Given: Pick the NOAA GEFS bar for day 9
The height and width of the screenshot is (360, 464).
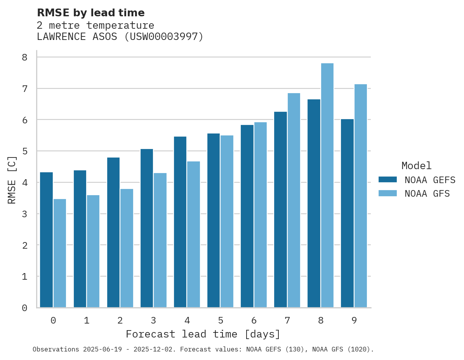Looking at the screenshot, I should [347, 213].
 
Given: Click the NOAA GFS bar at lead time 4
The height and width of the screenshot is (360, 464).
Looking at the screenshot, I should [193, 234].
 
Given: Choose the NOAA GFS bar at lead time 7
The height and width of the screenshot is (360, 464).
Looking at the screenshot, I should [294, 200].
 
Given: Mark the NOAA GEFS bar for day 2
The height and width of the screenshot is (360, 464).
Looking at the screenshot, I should [113, 232].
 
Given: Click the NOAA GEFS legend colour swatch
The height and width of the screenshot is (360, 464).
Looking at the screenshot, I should [388, 179].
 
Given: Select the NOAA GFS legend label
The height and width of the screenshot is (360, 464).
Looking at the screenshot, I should [427, 194].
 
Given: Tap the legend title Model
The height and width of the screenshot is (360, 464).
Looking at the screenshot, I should [416, 166].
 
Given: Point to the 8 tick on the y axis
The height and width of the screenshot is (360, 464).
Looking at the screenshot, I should [24, 57].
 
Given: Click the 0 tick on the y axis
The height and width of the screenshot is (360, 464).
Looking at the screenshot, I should [24, 308].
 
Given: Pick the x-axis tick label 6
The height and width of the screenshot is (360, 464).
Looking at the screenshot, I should [254, 320].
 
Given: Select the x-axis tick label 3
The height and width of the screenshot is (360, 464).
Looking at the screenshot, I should [153, 320].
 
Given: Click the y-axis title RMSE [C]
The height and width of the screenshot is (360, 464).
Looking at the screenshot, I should [12, 180].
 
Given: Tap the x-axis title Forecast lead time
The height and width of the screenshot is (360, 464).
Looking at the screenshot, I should [203, 334].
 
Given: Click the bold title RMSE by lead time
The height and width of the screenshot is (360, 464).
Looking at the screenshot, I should [90, 13].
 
